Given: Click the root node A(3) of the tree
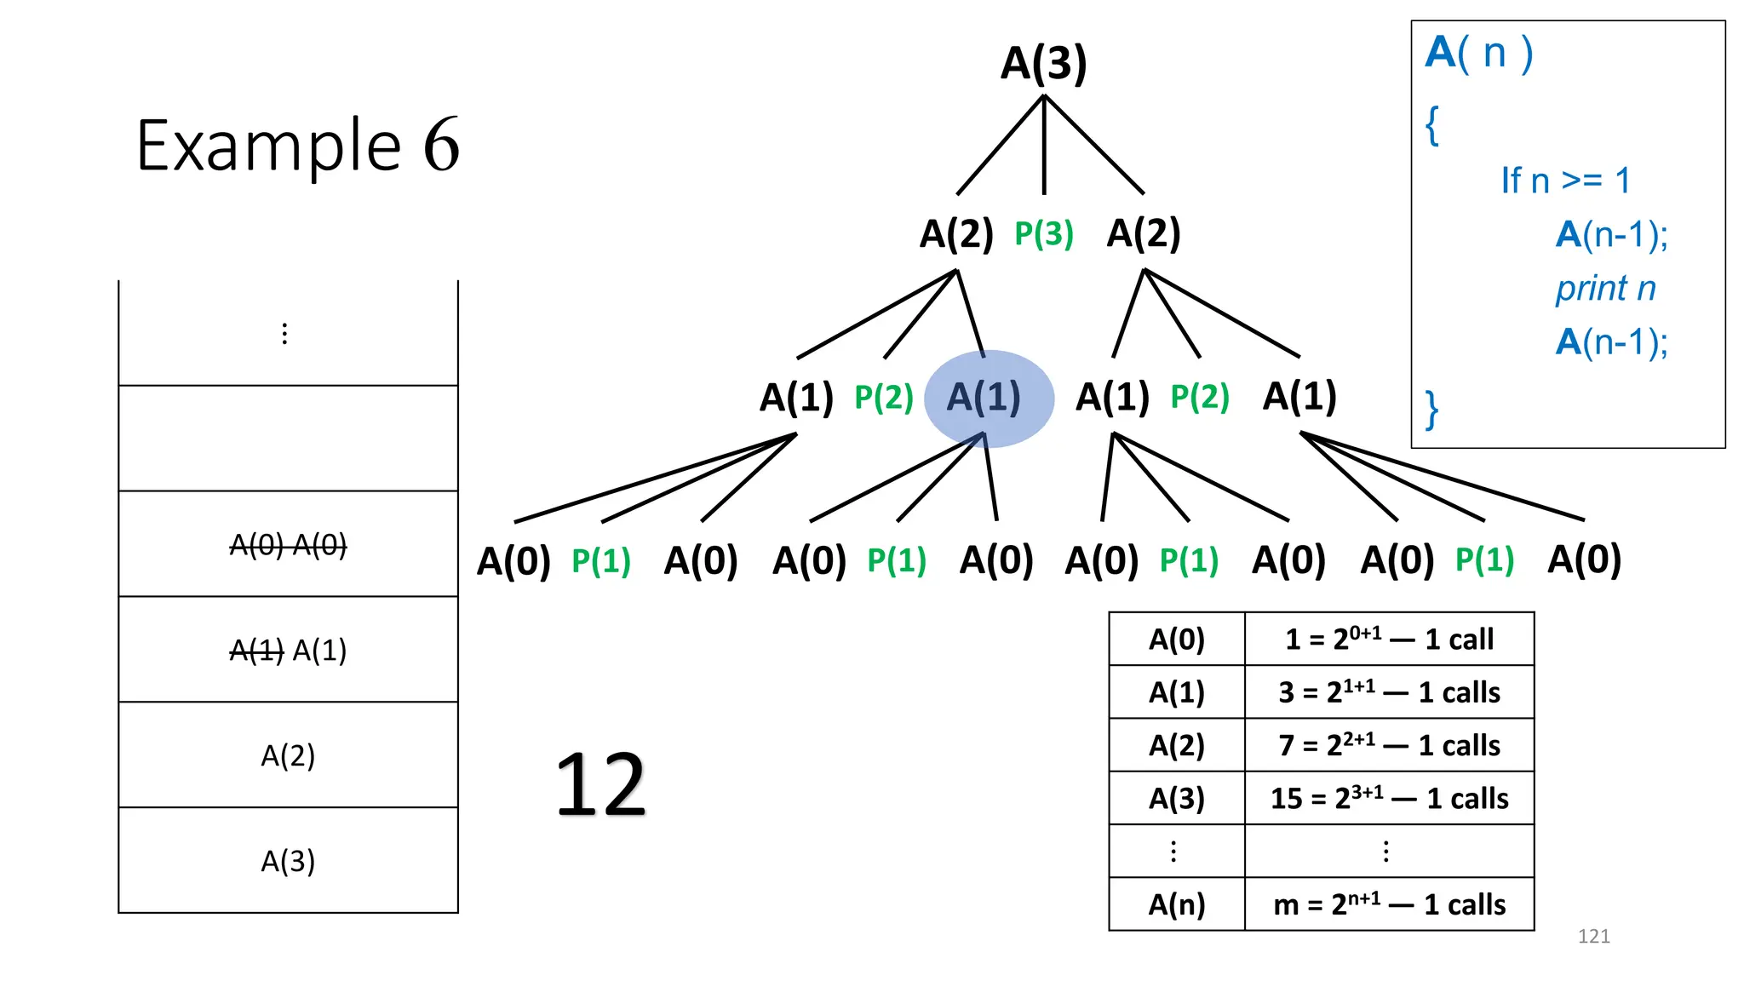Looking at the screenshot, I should pos(1044,63).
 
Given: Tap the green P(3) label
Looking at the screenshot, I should pos(1044,233).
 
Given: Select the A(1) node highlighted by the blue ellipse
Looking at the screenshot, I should pos(984,398).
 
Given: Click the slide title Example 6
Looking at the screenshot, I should pos(298,146).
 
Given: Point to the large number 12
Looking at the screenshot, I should pos(601,785).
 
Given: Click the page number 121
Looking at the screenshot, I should pos(1593,937).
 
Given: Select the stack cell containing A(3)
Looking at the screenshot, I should pos(288,861).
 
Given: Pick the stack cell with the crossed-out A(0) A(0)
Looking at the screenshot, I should pos(288,545).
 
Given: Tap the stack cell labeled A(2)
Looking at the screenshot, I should pos(288,755).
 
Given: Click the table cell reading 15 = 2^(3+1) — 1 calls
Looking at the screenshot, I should pos(1389,799).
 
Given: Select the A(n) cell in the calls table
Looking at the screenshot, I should pos(1177,904).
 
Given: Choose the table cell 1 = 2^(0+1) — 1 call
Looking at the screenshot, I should pos(1389,639).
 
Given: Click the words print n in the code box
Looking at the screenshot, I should pos(1605,289).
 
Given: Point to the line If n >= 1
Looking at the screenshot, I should pos(1565,181).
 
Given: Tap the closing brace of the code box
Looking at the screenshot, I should pos(1432,410).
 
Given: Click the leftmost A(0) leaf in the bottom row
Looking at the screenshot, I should pos(513,561).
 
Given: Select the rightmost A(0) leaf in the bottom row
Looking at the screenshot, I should pos(1584,559).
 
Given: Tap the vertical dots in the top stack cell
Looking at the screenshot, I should pos(284,333).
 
